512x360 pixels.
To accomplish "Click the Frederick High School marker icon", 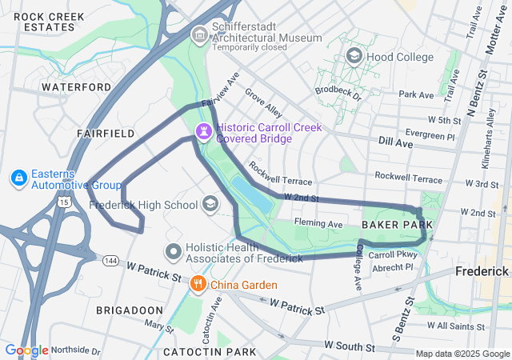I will (x=210, y=204).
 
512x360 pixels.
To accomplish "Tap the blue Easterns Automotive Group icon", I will (x=18, y=178).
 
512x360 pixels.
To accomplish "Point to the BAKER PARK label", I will (x=397, y=226).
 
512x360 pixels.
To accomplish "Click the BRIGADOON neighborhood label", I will (x=130, y=310).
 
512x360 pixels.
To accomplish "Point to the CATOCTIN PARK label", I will (x=210, y=351).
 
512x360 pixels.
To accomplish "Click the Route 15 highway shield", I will (x=62, y=202).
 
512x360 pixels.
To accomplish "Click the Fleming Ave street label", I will (x=318, y=224).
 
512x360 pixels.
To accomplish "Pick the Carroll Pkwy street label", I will (x=394, y=254).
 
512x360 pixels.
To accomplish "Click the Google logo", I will (x=26, y=350).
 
